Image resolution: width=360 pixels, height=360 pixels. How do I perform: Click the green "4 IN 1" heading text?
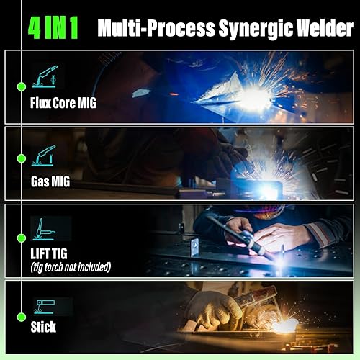[53, 27]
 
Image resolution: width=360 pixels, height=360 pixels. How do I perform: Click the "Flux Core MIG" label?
[63, 102]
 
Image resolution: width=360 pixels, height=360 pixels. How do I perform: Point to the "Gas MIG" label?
[50, 181]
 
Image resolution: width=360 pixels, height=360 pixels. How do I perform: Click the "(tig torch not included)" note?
[71, 267]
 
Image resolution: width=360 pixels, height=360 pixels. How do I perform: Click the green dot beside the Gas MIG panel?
[22, 164]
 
